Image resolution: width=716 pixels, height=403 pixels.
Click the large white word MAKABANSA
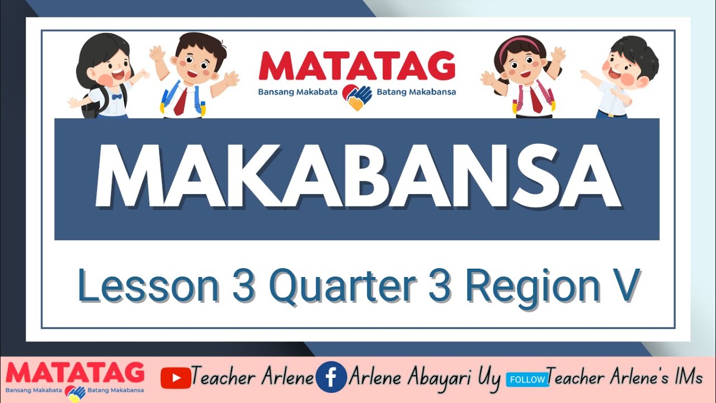358,175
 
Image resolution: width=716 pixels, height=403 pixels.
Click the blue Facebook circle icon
331,377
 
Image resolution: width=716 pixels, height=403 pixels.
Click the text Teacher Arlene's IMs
624,378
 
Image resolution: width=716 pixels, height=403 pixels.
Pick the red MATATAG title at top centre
357,66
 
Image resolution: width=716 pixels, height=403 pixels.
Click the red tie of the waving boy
181,101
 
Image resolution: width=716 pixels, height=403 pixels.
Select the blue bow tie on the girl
116,96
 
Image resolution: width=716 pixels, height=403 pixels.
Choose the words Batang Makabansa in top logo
416,92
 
